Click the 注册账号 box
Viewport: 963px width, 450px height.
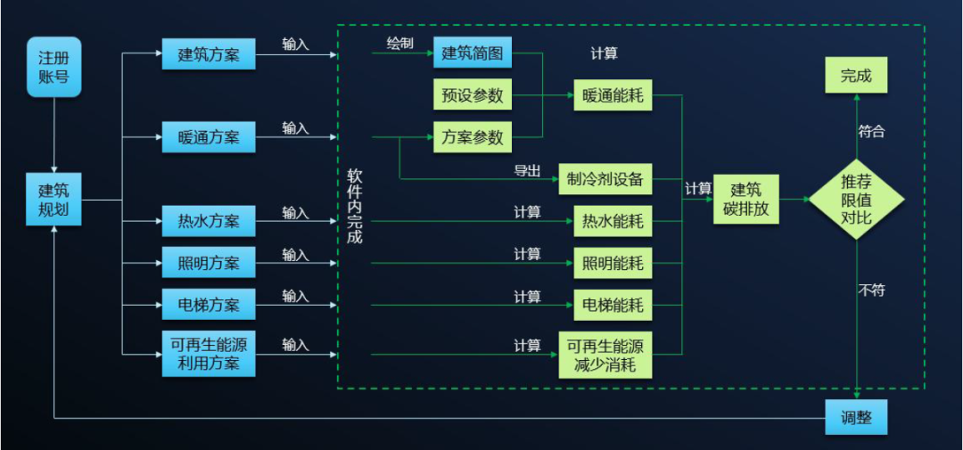pyautogui.click(x=54, y=67)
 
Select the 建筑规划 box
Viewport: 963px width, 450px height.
pyautogui.click(x=53, y=200)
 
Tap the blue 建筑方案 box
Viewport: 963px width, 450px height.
pyautogui.click(x=209, y=54)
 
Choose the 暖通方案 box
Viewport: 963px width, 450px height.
pyautogui.click(x=209, y=137)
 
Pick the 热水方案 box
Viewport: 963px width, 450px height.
pyautogui.click(x=209, y=220)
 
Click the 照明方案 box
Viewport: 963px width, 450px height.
pyautogui.click(x=209, y=263)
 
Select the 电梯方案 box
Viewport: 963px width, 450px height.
pyautogui.click(x=209, y=305)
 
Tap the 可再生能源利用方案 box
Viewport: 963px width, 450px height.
pyautogui.click(x=209, y=354)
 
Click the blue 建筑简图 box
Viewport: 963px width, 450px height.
pyautogui.click(x=473, y=53)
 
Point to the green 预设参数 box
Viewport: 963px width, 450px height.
pyautogui.click(x=473, y=94)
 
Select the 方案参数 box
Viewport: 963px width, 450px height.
pyautogui.click(x=473, y=137)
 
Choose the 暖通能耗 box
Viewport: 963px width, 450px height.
pyautogui.click(x=613, y=94)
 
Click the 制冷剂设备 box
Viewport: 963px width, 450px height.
pyautogui.click(x=605, y=179)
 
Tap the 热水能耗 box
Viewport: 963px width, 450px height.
pyautogui.click(x=613, y=220)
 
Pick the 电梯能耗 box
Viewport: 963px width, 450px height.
pyautogui.click(x=613, y=305)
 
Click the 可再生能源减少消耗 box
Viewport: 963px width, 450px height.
pyautogui.click(x=605, y=354)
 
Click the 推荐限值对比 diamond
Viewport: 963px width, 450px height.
pyautogui.click(x=856, y=199)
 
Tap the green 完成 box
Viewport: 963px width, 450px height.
pyautogui.click(x=856, y=76)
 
